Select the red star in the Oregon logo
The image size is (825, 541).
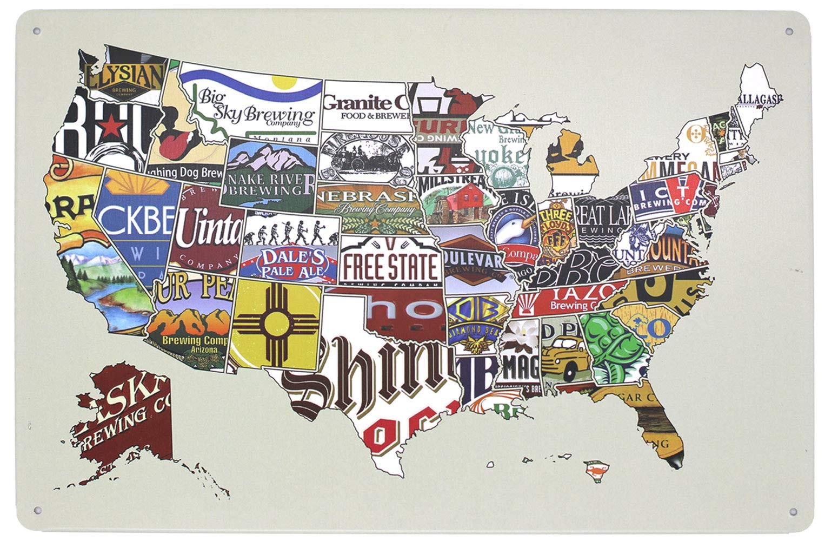(x=115, y=127)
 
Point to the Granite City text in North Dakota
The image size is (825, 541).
(x=365, y=103)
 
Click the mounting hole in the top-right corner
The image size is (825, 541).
(x=789, y=31)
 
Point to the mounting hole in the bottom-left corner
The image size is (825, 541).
(x=37, y=510)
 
